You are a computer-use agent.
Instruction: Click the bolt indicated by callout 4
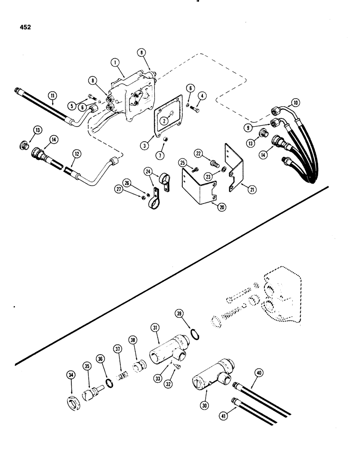196,110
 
